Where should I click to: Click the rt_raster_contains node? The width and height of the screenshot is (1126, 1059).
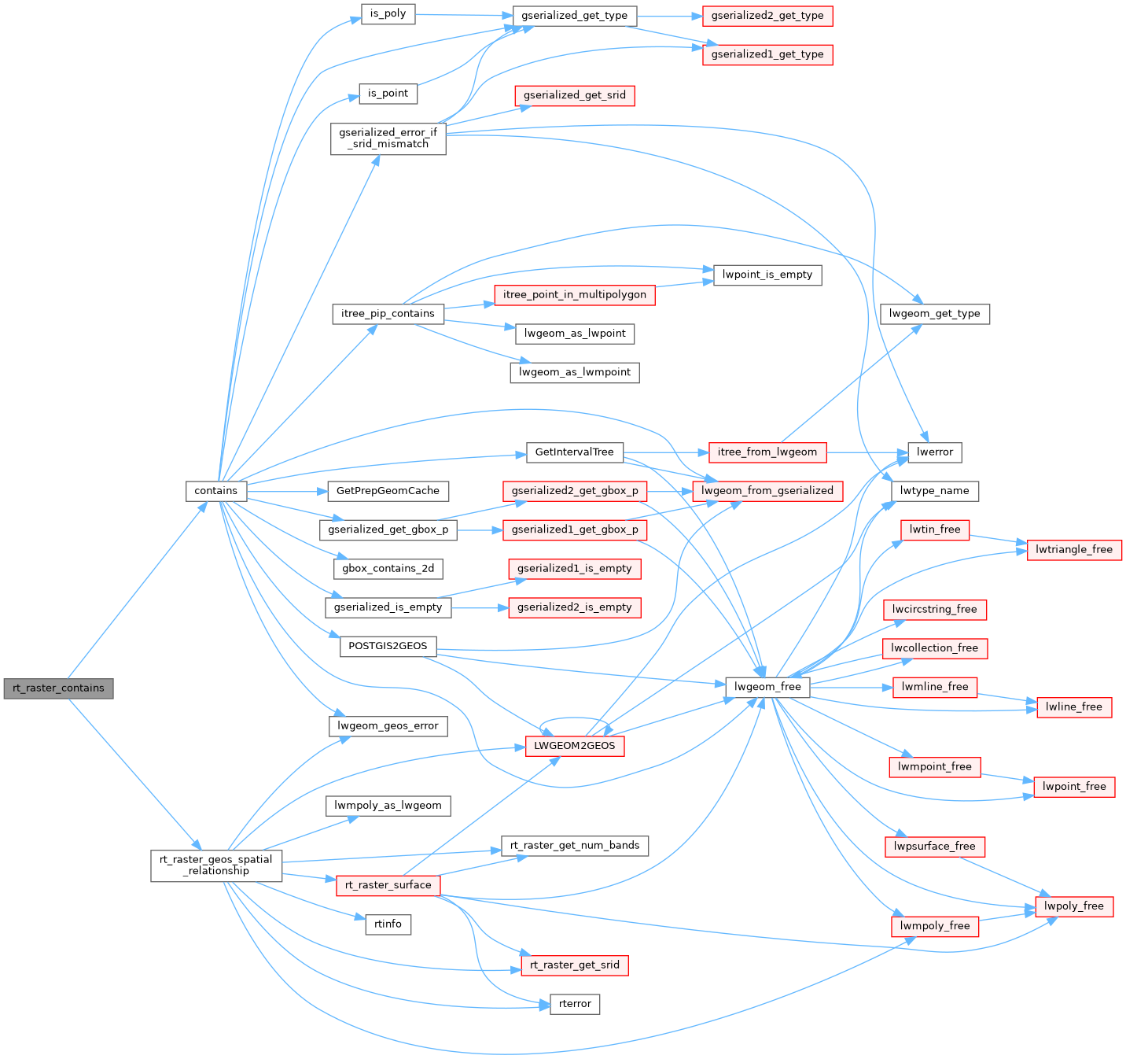point(58,688)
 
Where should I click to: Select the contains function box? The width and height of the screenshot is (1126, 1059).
point(216,491)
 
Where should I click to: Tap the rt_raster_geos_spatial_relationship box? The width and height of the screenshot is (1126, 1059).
point(216,865)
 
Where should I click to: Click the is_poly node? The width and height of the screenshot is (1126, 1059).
point(388,14)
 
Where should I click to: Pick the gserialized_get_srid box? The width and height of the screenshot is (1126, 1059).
point(575,96)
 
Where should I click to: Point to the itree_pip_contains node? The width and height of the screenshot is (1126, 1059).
point(388,314)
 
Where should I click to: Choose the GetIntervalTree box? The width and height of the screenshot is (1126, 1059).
point(574,452)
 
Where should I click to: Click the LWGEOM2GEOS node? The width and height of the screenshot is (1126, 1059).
point(575,746)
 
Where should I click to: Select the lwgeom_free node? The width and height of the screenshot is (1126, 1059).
point(767,687)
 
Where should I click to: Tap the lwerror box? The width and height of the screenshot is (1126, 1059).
point(935,452)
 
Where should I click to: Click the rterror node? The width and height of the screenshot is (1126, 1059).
point(575,1004)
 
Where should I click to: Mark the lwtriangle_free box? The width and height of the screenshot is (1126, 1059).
point(1074,550)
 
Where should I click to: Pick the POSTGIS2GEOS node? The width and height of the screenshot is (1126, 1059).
point(388,646)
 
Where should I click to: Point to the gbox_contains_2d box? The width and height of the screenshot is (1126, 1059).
point(388,568)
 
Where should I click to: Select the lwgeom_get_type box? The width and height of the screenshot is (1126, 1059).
point(934,314)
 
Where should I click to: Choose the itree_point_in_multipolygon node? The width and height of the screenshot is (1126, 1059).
point(575,295)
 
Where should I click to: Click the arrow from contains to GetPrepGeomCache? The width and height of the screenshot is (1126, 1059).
point(286,491)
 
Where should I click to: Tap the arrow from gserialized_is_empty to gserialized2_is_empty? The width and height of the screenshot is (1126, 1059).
point(480,607)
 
